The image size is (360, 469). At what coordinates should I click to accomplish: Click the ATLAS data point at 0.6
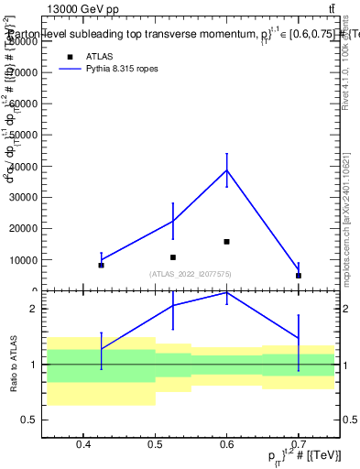click(226, 242)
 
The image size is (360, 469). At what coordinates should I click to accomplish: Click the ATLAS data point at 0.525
click(172, 257)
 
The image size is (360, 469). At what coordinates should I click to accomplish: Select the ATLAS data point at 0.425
click(101, 265)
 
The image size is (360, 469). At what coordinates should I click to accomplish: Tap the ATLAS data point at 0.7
click(298, 275)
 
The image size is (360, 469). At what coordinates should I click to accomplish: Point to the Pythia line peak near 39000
click(226, 169)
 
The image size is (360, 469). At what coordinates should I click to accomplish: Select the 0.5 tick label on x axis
click(155, 445)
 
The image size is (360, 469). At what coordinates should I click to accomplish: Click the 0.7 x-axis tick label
click(298, 445)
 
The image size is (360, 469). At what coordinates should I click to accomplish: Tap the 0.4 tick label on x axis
click(83, 445)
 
